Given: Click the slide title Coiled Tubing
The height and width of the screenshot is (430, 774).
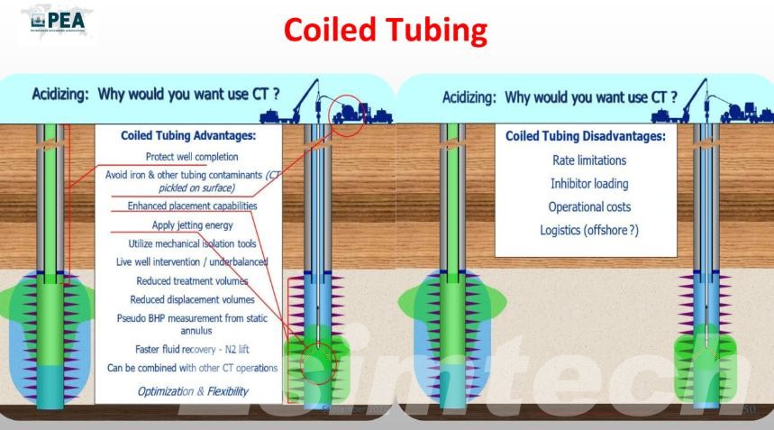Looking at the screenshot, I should [386, 30].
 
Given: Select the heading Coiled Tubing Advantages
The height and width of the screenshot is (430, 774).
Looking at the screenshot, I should [187, 136].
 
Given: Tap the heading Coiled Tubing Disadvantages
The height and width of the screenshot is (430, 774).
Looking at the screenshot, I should [585, 136].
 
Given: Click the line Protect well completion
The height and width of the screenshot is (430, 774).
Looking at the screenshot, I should [192, 156].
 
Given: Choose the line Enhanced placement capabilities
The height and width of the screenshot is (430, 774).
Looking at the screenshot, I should [192, 206].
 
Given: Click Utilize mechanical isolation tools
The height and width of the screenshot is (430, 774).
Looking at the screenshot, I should [192, 243].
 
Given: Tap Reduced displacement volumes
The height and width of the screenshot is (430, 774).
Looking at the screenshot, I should [192, 299].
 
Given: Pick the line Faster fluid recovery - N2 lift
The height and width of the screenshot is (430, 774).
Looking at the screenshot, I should [192, 348].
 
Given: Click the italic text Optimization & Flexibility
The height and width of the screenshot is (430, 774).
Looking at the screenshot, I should [192, 391].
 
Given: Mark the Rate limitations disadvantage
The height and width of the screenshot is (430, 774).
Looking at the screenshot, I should [588, 160].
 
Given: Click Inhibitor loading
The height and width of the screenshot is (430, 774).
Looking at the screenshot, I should [588, 184].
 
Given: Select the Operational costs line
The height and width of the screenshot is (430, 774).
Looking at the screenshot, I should [588, 206].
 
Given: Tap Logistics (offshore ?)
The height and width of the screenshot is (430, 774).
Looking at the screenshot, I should [588, 230].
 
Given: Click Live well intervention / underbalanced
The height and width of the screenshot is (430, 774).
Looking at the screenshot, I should [192, 261].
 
